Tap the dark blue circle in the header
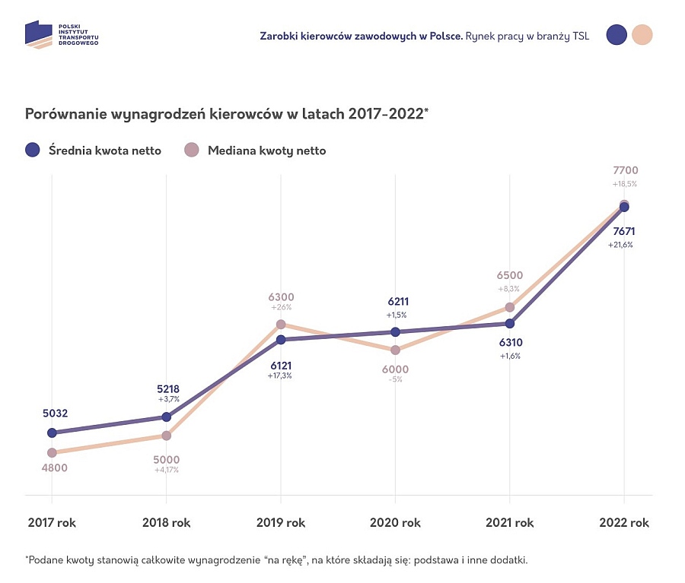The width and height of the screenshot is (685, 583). pyautogui.click(x=616, y=35)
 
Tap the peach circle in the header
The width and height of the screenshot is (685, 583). pyautogui.click(x=642, y=35)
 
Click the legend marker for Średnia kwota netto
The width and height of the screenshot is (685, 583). pyautogui.click(x=32, y=150)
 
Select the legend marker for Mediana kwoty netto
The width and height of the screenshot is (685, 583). pyautogui.click(x=193, y=150)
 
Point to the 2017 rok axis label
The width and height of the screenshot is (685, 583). pyautogui.click(x=52, y=523)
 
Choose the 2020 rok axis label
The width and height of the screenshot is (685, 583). pyautogui.click(x=395, y=523)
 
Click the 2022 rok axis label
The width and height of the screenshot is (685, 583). pyautogui.click(x=624, y=523)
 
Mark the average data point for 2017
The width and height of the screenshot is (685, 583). pyautogui.click(x=52, y=432)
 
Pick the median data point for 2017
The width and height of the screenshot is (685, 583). pyautogui.click(x=52, y=452)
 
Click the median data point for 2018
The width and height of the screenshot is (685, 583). pyautogui.click(x=167, y=436)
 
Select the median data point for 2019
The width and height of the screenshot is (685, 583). pyautogui.click(x=281, y=325)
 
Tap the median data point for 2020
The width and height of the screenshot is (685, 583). pyautogui.click(x=395, y=350)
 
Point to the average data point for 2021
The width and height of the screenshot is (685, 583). pyautogui.click(x=510, y=323)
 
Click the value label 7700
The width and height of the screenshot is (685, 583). pyautogui.click(x=625, y=170)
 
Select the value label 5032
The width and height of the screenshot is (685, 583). pyautogui.click(x=56, y=413)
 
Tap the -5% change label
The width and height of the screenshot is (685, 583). pyautogui.click(x=395, y=379)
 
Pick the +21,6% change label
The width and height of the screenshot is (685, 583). pyautogui.click(x=620, y=245)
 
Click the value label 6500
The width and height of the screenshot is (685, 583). pyautogui.click(x=509, y=276)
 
